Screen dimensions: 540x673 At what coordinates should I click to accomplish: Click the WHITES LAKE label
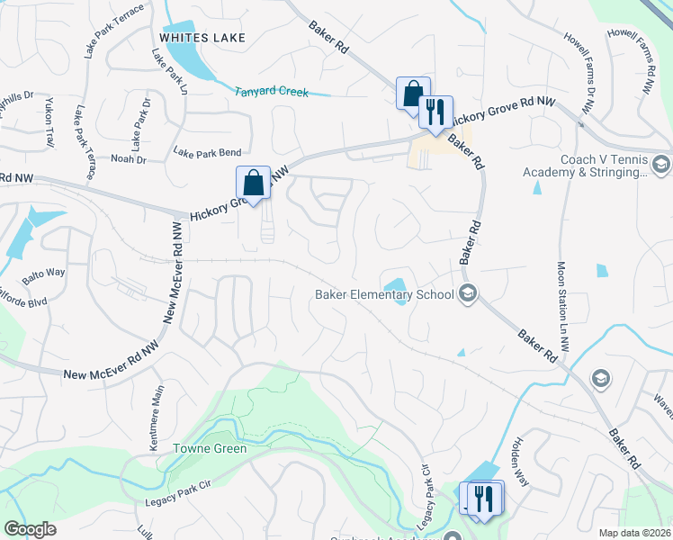click(x=202, y=37)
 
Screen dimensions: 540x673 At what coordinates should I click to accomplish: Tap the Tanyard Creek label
click(x=271, y=92)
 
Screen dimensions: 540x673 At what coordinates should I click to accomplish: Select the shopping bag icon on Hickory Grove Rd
click(x=253, y=184)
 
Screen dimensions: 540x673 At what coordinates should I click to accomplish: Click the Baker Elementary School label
click(x=384, y=293)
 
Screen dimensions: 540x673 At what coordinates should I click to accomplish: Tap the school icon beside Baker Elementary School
click(x=467, y=293)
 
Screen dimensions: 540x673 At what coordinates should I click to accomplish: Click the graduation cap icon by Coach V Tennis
click(x=661, y=165)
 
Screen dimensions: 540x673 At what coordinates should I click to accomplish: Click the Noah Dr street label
click(x=128, y=159)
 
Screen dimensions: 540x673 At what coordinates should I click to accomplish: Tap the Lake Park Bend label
click(x=209, y=153)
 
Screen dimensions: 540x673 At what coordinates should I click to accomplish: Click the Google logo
click(x=31, y=529)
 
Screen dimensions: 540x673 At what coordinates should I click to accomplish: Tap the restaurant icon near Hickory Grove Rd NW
click(x=435, y=112)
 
